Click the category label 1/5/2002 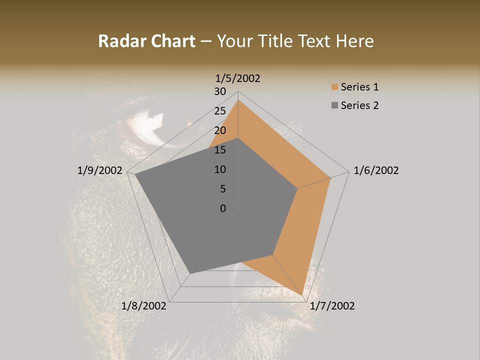point(238,78)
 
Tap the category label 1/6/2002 point(376,170)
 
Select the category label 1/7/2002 point(332,306)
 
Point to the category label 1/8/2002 point(144,306)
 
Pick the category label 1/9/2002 point(100,170)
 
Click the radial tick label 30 point(220,91)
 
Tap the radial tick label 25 point(220,111)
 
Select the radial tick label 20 point(220,130)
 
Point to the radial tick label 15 point(220,150)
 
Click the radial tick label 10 point(220,169)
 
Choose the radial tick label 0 point(223,208)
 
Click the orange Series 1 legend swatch point(334,87)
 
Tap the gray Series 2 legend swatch point(334,105)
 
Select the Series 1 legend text point(359,87)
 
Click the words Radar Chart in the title point(146,41)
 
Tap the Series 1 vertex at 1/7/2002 point(303,294)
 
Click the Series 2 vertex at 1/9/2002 point(135,174)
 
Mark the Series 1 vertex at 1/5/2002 point(238,100)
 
